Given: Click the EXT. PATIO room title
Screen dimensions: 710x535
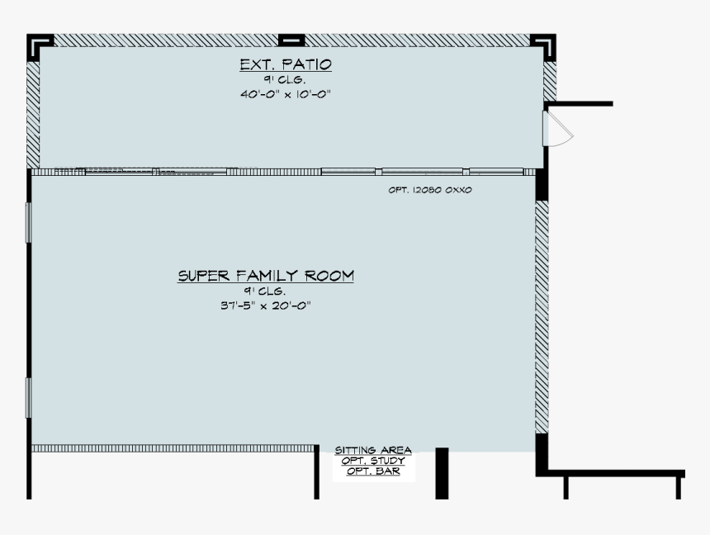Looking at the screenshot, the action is tap(286, 64).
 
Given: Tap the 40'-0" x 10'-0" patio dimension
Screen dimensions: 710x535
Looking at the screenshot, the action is tap(286, 94).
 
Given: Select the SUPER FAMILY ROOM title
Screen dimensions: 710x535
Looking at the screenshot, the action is tap(266, 276).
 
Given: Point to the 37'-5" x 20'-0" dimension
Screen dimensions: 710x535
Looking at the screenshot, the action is tap(266, 305).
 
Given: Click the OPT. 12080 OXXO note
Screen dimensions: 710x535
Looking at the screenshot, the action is tap(429, 190).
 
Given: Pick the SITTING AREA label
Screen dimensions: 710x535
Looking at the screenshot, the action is tap(373, 450).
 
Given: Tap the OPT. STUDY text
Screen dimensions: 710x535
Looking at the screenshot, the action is tap(373, 461).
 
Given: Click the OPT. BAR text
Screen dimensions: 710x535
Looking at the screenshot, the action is tap(373, 471).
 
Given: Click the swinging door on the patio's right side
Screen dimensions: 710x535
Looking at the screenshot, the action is tap(557, 129).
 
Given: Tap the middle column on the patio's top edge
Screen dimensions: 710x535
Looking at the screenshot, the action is tap(291, 40).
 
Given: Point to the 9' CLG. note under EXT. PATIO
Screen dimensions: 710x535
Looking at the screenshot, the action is tap(285, 80).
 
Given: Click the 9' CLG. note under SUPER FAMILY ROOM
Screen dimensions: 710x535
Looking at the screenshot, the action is tap(265, 291).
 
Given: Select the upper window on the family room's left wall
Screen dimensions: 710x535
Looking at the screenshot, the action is tap(28, 222).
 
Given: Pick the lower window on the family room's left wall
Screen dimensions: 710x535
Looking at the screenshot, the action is tap(28, 398).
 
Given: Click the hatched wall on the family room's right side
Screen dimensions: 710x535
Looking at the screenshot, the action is tap(542, 317).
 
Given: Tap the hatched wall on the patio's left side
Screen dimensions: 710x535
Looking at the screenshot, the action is tap(33, 115).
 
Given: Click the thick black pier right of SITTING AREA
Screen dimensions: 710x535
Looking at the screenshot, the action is tap(442, 473).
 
